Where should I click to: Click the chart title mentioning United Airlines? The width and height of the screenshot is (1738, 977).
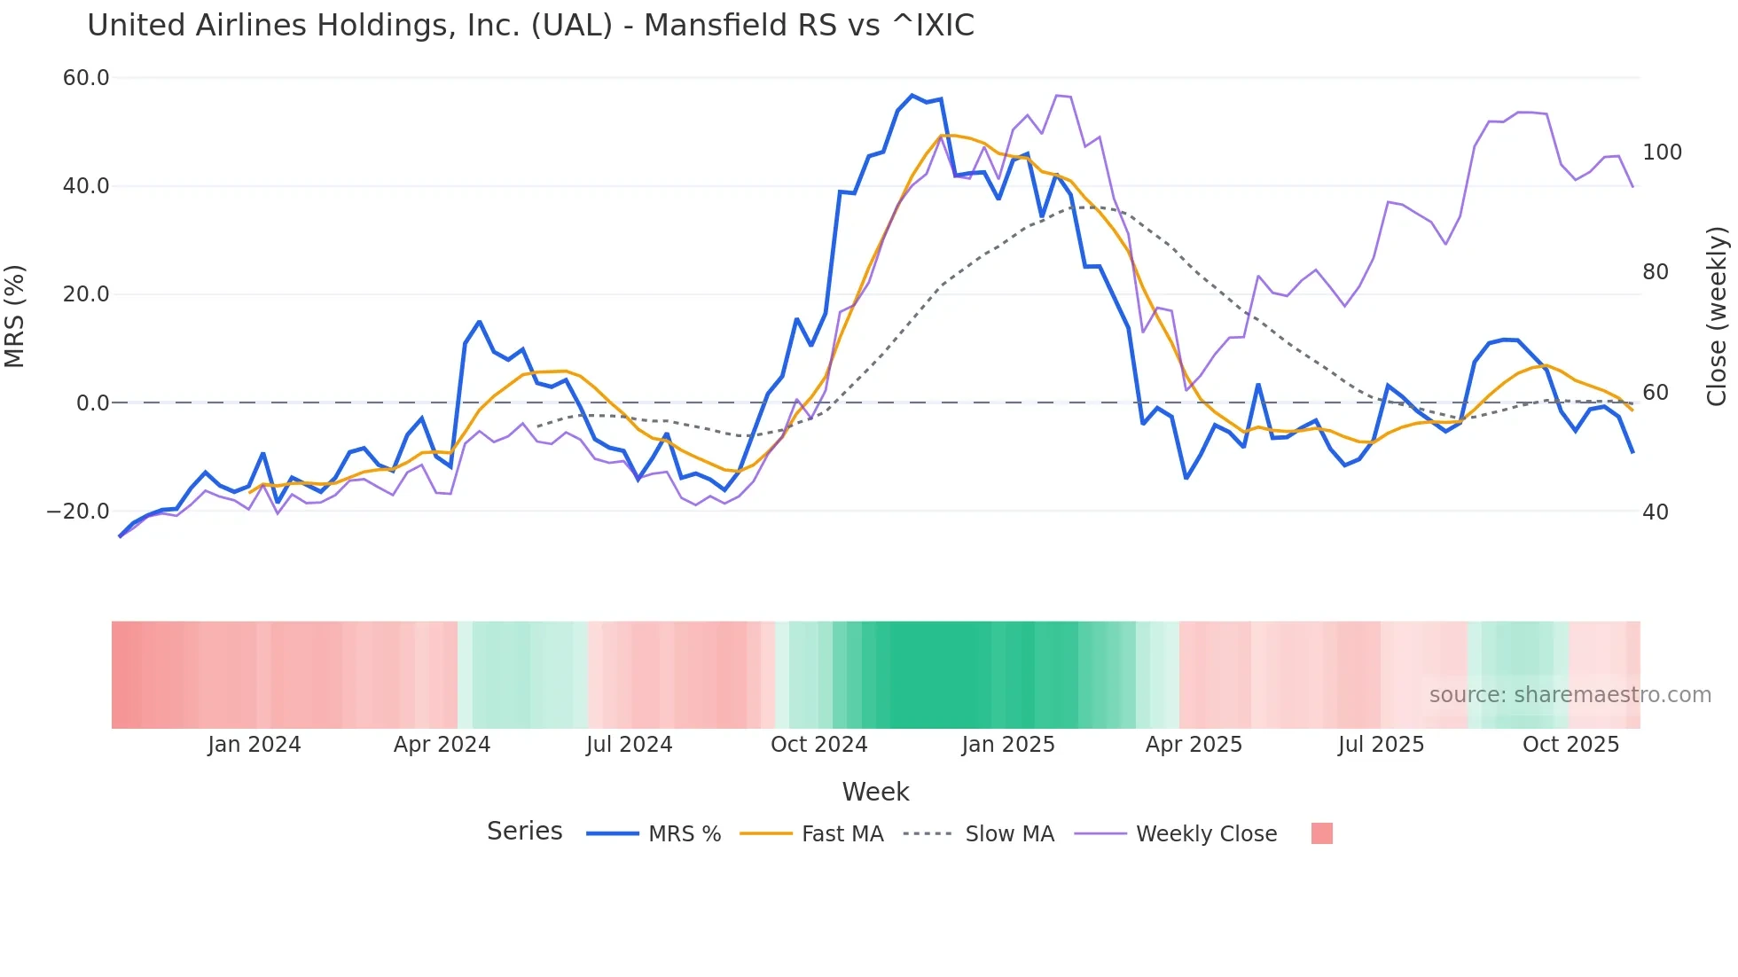pyautogui.click(x=530, y=26)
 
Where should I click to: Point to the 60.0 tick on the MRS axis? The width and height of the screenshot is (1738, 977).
pyautogui.click(x=86, y=78)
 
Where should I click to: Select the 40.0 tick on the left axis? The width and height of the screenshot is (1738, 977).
pyautogui.click(x=86, y=186)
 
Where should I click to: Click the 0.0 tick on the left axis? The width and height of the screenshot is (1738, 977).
pyautogui.click(x=93, y=403)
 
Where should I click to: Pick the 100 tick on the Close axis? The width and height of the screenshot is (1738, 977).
pyautogui.click(x=1662, y=152)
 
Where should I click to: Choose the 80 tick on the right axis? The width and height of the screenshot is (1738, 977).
pyautogui.click(x=1656, y=272)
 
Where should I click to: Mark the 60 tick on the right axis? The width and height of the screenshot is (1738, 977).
pyautogui.click(x=1656, y=393)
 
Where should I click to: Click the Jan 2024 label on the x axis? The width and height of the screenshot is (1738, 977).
pyautogui.click(x=254, y=745)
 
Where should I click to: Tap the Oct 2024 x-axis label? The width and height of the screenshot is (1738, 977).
pyautogui.click(x=818, y=745)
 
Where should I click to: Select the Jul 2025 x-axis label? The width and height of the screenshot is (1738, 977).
pyautogui.click(x=1381, y=745)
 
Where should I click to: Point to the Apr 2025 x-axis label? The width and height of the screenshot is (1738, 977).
pyautogui.click(x=1194, y=745)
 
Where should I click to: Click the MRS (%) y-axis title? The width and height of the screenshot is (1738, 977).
pyautogui.click(x=15, y=316)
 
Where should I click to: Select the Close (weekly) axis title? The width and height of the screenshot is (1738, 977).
pyautogui.click(x=1717, y=316)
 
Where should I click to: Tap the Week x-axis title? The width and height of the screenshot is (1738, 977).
pyautogui.click(x=875, y=792)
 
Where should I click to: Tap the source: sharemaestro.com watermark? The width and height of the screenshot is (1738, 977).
pyautogui.click(x=1570, y=695)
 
